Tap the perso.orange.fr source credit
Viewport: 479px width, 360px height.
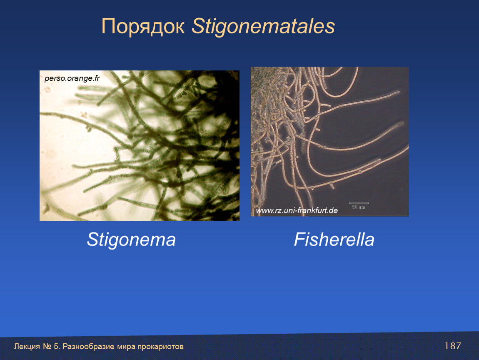[x=72, y=78]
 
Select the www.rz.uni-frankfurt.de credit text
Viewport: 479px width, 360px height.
[x=297, y=210]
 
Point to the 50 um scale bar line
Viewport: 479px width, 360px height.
[x=359, y=203]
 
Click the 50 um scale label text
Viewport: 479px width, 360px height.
[x=359, y=207]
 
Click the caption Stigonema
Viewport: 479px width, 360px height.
[x=131, y=240]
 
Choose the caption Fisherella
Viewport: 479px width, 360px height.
[x=334, y=239]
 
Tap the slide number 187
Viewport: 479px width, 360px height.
[x=452, y=346]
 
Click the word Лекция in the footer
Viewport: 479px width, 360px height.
[x=27, y=347]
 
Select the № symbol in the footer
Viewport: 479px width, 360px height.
[x=47, y=347]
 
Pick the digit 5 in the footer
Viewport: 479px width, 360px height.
[x=56, y=347]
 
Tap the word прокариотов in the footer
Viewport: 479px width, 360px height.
[x=160, y=347]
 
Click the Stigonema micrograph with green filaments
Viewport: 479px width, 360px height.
[x=139, y=145]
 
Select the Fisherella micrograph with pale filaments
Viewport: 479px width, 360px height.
[x=329, y=142]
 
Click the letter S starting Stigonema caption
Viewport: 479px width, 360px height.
[x=92, y=239]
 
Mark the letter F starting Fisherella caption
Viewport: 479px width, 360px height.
[x=300, y=239]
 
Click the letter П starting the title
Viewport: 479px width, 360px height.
[x=108, y=26]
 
